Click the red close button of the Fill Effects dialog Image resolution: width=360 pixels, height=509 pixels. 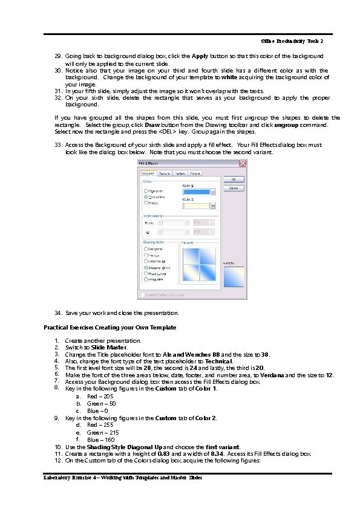click(x=243, y=164)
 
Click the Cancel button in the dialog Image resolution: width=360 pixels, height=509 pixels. click(x=233, y=188)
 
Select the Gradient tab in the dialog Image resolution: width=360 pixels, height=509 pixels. click(x=149, y=173)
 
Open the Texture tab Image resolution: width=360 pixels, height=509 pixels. click(x=165, y=173)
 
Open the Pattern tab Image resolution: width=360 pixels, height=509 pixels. click(x=180, y=173)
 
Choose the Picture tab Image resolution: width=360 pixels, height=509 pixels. click(x=195, y=173)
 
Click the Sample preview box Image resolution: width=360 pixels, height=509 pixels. click(x=233, y=277)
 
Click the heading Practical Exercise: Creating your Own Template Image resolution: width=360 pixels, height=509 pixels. click(x=110, y=327)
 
